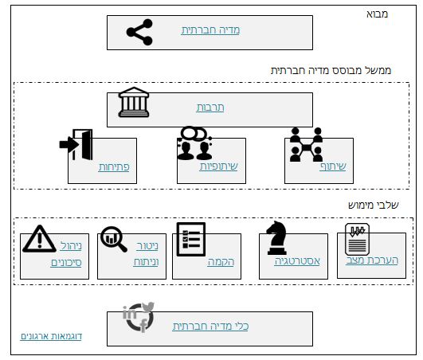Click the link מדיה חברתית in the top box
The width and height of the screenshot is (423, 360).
tap(210, 30)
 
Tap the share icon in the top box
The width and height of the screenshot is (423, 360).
tap(139, 32)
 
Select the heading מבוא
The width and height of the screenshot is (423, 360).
tap(377, 14)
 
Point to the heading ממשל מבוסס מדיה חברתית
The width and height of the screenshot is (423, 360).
tap(331, 71)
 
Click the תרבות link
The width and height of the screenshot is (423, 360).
tap(210, 108)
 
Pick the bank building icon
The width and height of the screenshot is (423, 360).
tap(134, 102)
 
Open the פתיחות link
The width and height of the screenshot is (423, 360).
tap(114, 167)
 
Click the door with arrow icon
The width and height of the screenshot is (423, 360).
tap(76, 144)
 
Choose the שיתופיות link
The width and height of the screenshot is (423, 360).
tap(219, 166)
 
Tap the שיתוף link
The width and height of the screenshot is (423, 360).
tap(333, 166)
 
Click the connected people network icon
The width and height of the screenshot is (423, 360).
tap(306, 145)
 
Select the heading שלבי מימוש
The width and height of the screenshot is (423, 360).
tap(374, 205)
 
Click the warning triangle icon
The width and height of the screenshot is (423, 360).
tap(39, 239)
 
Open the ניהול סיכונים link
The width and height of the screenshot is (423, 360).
tap(66, 254)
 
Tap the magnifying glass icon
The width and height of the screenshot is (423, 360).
tap(114, 239)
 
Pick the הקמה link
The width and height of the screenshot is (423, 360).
tap(221, 262)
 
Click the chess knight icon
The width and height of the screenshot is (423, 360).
tap(276, 237)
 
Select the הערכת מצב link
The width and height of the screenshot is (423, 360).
tap(372, 260)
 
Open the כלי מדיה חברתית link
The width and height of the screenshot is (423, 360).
tap(210, 327)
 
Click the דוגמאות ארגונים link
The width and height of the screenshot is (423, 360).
tap(51, 336)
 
